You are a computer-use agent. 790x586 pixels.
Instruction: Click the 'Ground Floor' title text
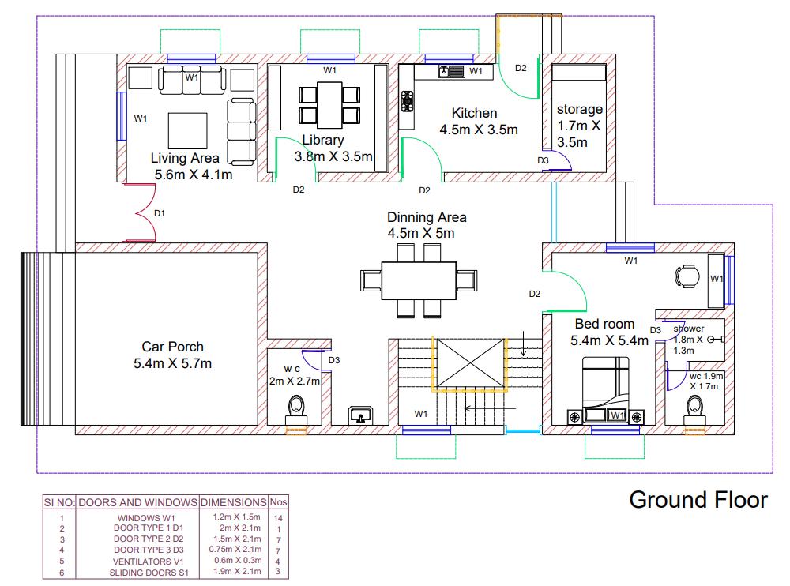(698, 500)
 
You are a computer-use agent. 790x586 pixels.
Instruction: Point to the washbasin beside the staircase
(363, 415)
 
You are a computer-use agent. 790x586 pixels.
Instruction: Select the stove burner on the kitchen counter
(408, 102)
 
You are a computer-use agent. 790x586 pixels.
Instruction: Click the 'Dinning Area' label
(427, 217)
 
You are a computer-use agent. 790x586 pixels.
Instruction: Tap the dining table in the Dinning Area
(419, 280)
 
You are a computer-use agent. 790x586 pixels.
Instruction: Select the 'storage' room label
(579, 110)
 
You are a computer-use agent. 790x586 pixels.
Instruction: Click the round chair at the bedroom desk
(684, 276)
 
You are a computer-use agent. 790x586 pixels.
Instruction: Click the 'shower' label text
(688, 329)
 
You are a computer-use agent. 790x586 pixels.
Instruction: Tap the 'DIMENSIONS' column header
(233, 502)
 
